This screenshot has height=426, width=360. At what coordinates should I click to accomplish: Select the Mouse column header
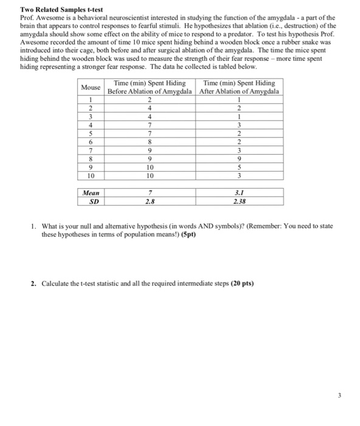(x=92, y=87)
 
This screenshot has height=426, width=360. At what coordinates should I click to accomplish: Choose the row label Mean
(x=92, y=192)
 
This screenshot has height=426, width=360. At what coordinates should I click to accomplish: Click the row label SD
(x=92, y=200)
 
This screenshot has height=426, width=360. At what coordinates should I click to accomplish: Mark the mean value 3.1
(x=239, y=192)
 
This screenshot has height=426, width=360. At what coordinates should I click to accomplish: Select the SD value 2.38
(x=239, y=200)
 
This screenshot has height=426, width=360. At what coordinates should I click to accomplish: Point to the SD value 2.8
(x=150, y=200)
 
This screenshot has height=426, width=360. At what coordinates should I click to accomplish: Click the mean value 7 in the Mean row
(x=150, y=192)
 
